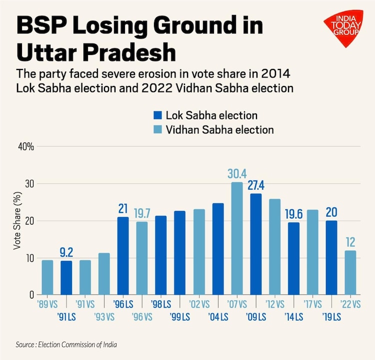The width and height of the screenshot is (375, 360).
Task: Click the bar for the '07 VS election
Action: click(x=237, y=238)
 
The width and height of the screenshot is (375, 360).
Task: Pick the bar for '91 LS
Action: click(x=66, y=277)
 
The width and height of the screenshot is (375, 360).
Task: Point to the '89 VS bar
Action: click(x=47, y=277)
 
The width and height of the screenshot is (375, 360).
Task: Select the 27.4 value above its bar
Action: click(x=255, y=185)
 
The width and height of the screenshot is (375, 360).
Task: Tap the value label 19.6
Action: click(x=293, y=213)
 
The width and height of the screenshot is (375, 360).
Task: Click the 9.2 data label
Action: click(x=66, y=252)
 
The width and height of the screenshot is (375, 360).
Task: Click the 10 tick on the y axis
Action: click(x=29, y=258)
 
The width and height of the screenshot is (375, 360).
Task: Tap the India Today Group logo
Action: click(x=342, y=28)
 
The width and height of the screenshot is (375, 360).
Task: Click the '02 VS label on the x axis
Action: click(x=199, y=303)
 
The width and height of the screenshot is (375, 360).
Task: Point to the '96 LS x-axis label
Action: click(x=123, y=303)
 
